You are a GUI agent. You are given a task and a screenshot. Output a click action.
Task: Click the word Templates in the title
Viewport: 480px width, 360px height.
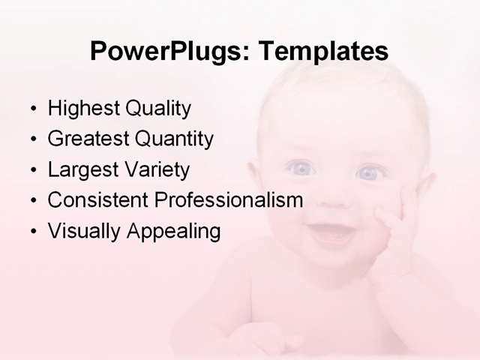(x=323, y=52)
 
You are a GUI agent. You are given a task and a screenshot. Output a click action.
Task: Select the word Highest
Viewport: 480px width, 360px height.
(x=82, y=109)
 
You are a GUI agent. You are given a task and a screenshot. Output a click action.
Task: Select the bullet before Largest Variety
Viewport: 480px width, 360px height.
(x=32, y=170)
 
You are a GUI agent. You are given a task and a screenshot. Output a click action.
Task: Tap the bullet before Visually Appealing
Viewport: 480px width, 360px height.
(x=32, y=232)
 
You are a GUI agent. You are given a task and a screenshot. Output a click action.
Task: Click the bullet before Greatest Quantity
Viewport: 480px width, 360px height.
(x=32, y=139)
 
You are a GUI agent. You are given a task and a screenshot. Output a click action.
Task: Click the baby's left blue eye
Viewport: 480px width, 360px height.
(x=301, y=169)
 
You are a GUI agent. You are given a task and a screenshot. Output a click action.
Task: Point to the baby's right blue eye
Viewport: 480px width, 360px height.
(x=368, y=173)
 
